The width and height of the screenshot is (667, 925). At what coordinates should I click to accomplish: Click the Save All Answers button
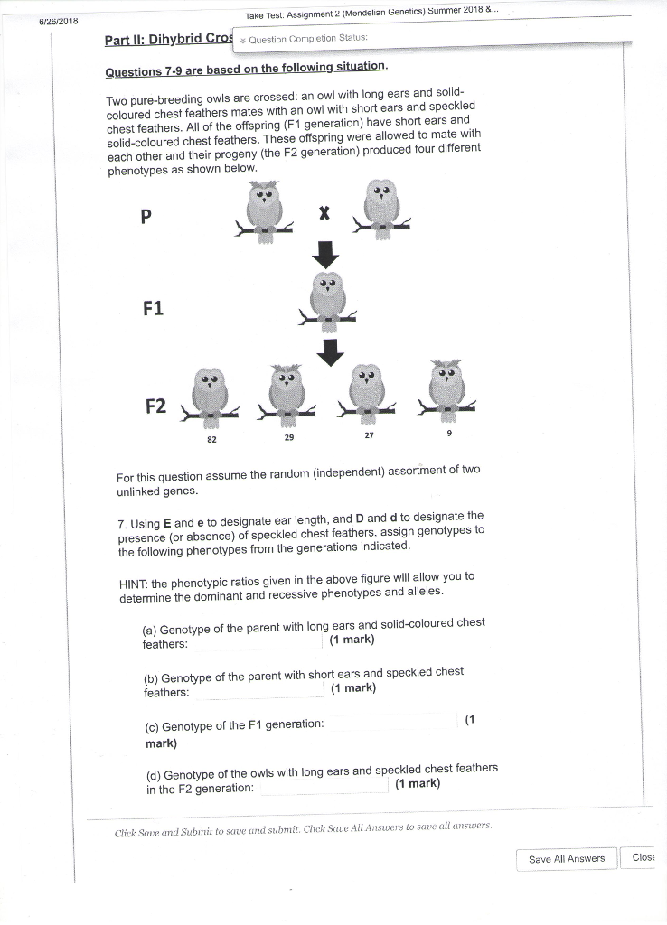567,858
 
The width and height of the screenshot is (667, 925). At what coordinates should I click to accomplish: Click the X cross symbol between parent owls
324,214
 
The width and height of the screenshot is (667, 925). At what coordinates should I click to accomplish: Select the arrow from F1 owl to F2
331,351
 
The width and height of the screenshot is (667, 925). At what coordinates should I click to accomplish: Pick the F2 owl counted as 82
210,394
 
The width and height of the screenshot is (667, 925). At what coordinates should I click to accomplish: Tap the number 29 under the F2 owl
288,436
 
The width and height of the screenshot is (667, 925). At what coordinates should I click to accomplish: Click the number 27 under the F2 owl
368,435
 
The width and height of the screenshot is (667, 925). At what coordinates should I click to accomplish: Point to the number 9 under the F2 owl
448,434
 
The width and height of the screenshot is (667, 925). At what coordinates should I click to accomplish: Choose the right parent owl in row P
383,206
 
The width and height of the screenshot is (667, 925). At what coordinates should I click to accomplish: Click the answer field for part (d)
324,786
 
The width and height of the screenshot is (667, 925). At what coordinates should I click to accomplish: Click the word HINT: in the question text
134,577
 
